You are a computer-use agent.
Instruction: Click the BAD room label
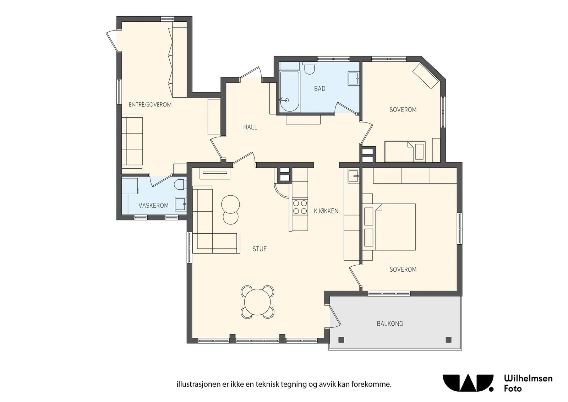[319, 88]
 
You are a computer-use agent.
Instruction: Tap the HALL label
[250, 127]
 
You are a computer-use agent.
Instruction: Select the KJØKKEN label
[326, 211]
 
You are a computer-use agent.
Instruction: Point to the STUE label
[260, 249]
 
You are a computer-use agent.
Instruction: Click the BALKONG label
[390, 324]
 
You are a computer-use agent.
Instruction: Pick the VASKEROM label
[153, 205]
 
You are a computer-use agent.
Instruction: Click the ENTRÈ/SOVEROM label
[150, 104]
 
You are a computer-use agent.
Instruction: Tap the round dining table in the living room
[257, 302]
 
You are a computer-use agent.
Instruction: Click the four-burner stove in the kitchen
[300, 207]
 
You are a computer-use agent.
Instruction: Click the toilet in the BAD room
[309, 68]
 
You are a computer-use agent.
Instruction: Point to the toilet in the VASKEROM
[181, 184]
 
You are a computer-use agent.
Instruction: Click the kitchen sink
[354, 175]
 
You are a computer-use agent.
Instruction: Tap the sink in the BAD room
[353, 78]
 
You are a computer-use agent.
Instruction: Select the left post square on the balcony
[341, 339]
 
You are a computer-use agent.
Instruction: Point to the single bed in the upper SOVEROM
[405, 151]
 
